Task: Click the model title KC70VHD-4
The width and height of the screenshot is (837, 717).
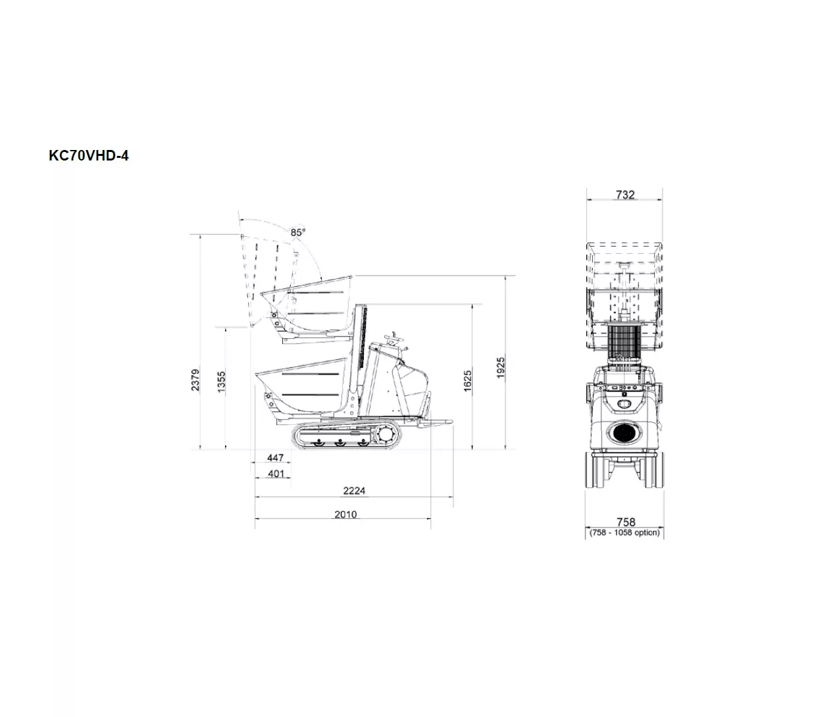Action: (x=89, y=156)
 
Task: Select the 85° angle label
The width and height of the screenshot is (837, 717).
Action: (x=298, y=232)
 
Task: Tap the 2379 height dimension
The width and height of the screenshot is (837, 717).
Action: (x=195, y=380)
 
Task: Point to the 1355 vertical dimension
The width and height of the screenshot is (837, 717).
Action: (x=221, y=382)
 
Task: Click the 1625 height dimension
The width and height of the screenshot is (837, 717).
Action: (x=467, y=381)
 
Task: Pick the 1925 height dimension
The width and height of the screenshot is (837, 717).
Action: (x=501, y=368)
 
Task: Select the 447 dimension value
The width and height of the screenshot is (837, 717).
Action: (x=275, y=457)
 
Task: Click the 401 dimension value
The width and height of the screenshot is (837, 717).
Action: (x=276, y=474)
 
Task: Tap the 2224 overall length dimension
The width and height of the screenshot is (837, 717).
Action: (x=354, y=491)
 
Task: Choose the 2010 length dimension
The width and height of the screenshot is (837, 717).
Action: (x=345, y=514)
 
